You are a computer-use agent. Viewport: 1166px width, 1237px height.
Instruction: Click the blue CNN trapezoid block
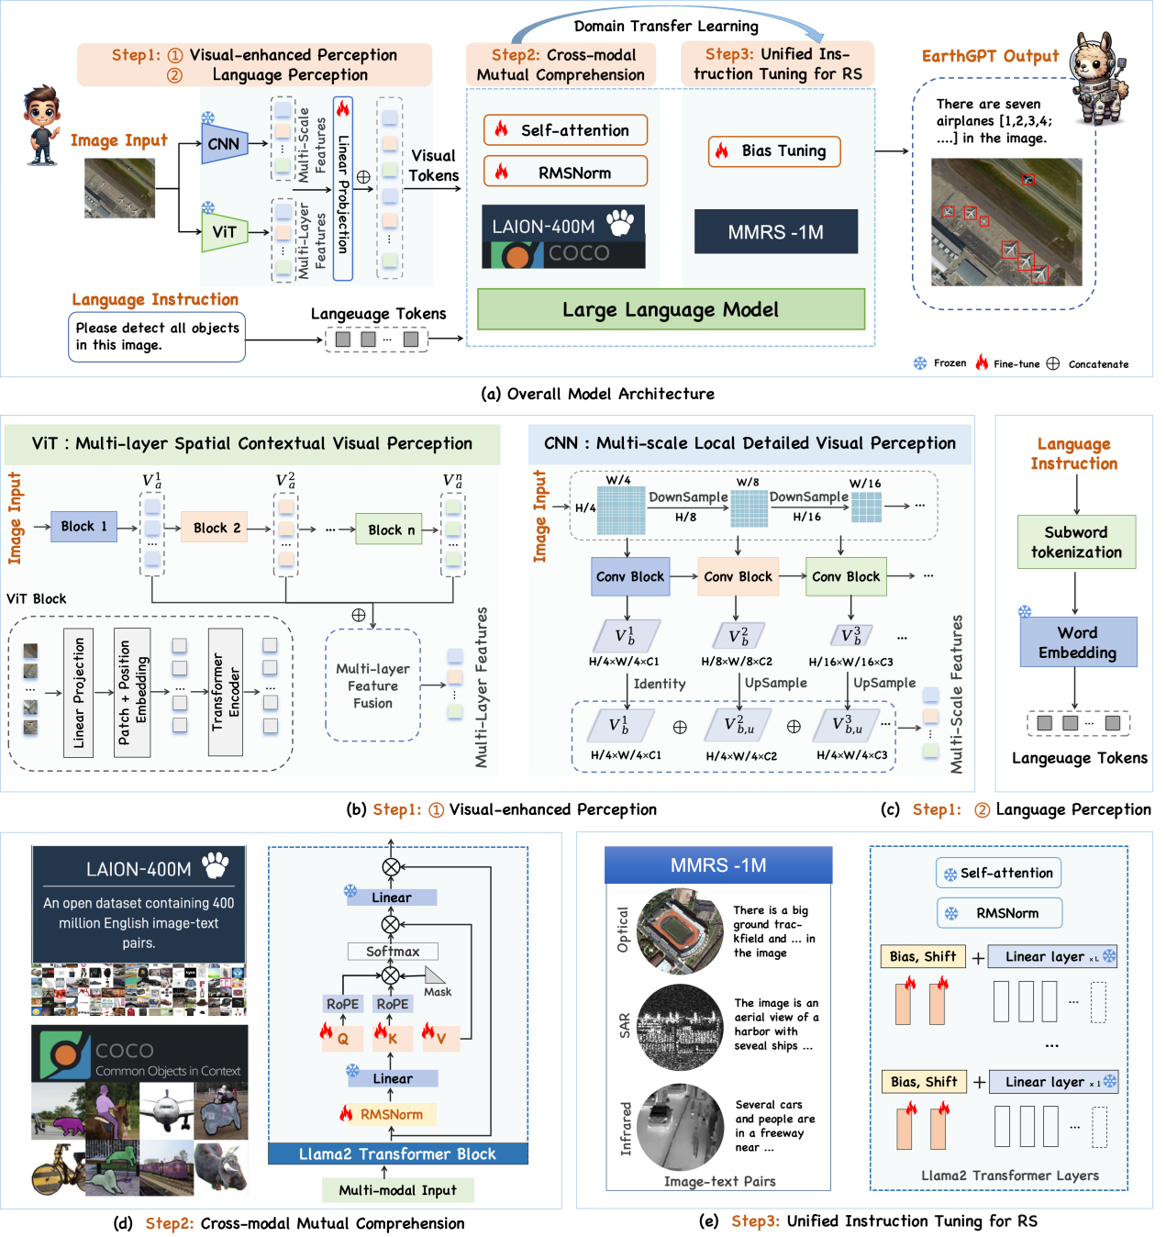(x=224, y=144)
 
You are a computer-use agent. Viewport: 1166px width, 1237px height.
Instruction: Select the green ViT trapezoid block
(x=224, y=232)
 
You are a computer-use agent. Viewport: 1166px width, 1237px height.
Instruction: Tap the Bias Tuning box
(x=774, y=151)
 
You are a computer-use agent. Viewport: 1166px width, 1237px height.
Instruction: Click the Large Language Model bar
(x=671, y=310)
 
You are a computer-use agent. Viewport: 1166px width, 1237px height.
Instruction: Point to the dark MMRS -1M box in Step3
(x=775, y=232)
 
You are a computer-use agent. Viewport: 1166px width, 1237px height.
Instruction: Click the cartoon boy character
(x=41, y=127)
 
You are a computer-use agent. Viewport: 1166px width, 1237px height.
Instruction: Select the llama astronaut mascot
(x=1097, y=79)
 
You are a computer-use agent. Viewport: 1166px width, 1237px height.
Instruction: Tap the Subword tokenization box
(x=1076, y=542)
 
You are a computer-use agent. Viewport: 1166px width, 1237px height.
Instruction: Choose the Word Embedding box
(x=1078, y=642)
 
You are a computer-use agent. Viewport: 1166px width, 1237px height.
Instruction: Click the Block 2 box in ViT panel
(x=216, y=528)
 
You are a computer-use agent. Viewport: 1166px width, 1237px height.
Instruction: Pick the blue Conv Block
(x=629, y=577)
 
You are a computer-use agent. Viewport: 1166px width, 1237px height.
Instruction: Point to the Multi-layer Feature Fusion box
(x=372, y=685)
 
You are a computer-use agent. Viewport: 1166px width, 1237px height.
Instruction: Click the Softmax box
(x=393, y=952)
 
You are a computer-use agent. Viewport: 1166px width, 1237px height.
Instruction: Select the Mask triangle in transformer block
(x=434, y=975)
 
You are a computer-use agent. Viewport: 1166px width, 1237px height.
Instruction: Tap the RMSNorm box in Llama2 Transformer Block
(x=391, y=1114)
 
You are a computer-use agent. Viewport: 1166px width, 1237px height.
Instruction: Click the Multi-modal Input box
(x=398, y=1190)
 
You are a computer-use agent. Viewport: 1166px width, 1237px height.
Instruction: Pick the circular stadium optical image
(x=680, y=931)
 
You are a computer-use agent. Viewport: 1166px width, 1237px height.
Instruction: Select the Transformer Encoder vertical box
(x=226, y=692)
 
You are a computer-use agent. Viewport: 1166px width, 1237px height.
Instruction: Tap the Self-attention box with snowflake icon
(x=998, y=874)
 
